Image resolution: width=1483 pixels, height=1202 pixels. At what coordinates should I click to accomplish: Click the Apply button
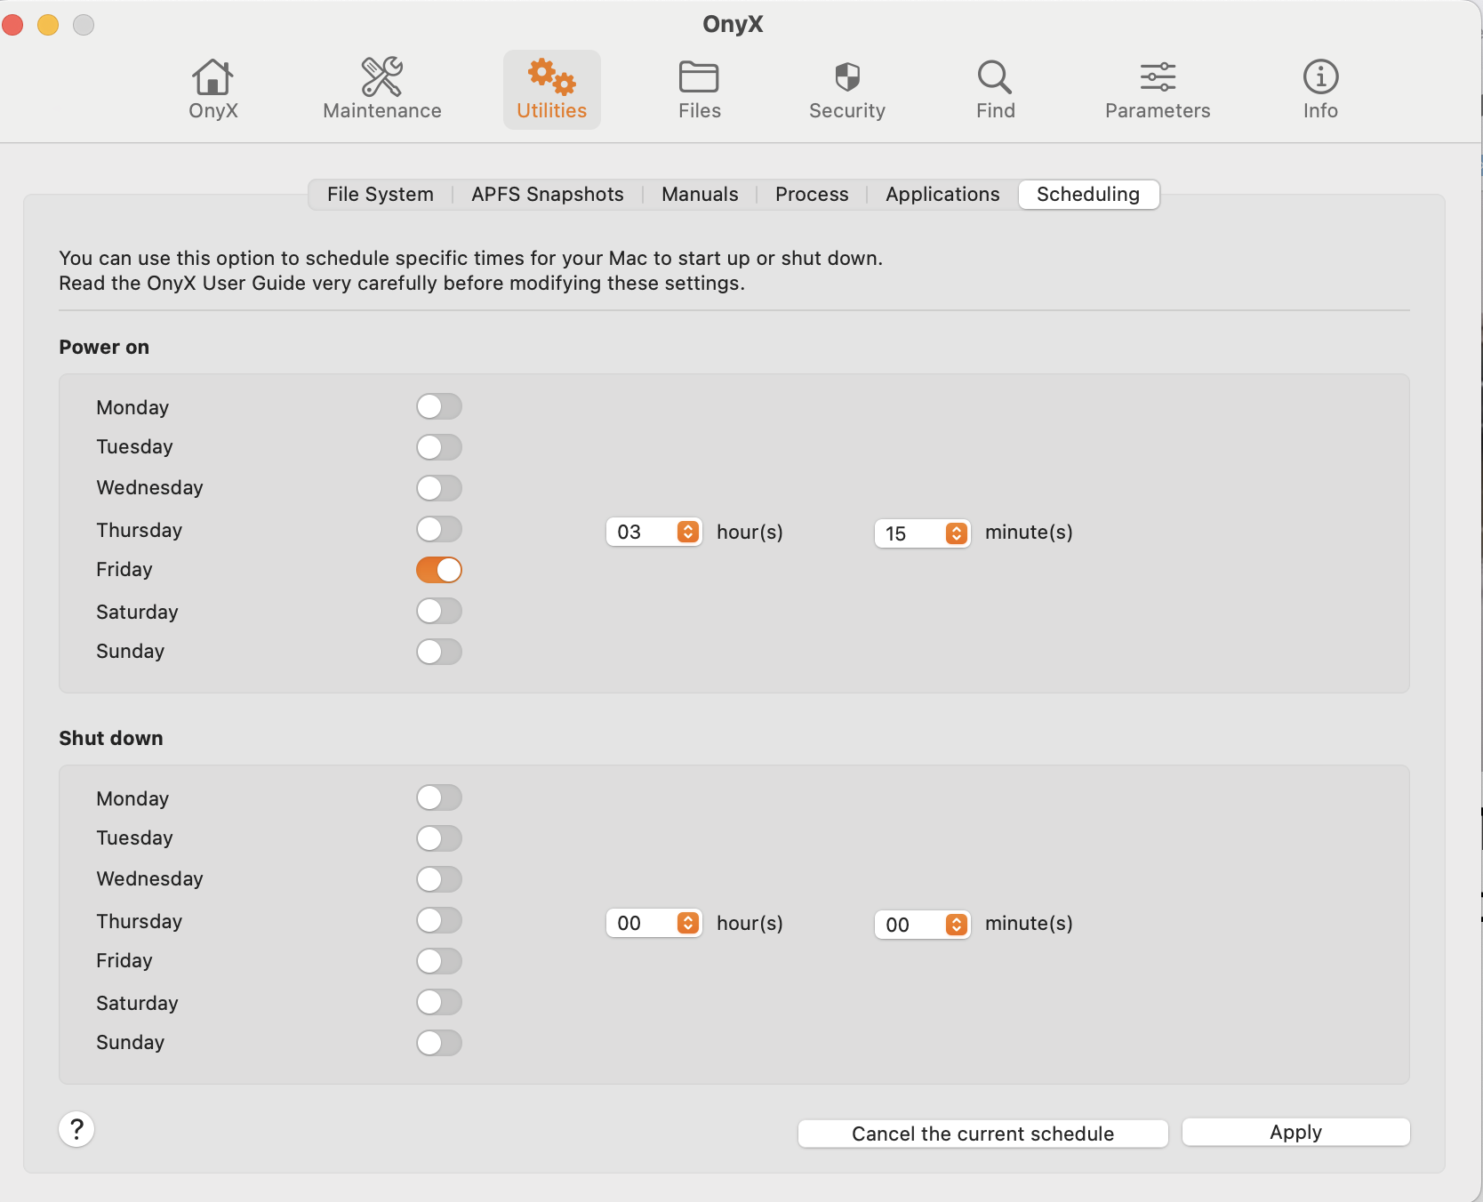(x=1295, y=1132)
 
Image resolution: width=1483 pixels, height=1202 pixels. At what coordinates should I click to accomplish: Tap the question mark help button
(x=76, y=1129)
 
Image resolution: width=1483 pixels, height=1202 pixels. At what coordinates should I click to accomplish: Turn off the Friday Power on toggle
(x=439, y=570)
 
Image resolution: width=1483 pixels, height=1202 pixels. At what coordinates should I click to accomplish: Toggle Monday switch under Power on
(x=439, y=406)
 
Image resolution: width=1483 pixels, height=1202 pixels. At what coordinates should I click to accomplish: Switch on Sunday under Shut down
(x=439, y=1043)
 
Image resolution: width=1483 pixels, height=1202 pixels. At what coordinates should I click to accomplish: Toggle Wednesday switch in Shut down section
(x=439, y=879)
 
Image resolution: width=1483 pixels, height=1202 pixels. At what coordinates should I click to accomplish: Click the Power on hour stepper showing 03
(x=687, y=532)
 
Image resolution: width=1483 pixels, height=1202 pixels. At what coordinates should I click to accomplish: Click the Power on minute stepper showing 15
(x=956, y=533)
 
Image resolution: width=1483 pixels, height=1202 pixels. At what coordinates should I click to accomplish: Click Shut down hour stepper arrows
(x=687, y=923)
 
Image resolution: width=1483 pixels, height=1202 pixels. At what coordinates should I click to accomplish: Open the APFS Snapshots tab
(x=547, y=194)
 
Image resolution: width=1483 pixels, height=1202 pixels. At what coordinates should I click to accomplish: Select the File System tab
(x=380, y=194)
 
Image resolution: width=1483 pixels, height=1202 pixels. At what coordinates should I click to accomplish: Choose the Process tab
(x=811, y=194)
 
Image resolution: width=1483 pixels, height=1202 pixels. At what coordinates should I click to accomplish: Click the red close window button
(x=12, y=25)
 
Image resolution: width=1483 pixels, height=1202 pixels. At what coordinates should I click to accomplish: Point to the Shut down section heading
(x=111, y=738)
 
